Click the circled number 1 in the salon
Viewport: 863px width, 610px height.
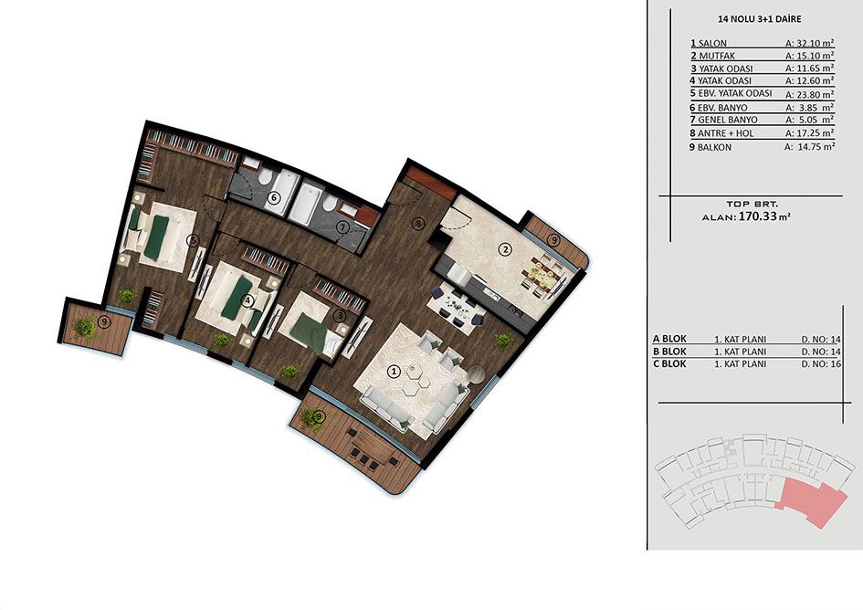393,372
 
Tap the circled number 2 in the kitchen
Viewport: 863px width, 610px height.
504,249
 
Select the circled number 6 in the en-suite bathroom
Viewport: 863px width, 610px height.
272,196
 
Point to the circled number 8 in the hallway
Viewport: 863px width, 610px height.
418,223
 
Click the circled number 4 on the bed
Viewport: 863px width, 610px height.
248,300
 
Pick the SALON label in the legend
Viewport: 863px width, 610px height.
712,43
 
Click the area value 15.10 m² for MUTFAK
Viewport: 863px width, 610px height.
810,56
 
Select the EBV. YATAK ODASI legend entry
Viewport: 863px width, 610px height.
735,93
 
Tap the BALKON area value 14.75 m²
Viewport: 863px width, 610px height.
810,146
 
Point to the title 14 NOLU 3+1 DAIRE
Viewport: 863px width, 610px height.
760,19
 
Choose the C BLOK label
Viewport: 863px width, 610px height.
669,363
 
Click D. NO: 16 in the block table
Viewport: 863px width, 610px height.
821,364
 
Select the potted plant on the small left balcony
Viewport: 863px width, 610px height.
85,325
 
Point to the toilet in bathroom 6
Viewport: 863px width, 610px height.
266,175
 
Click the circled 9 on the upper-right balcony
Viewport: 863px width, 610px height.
553,239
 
